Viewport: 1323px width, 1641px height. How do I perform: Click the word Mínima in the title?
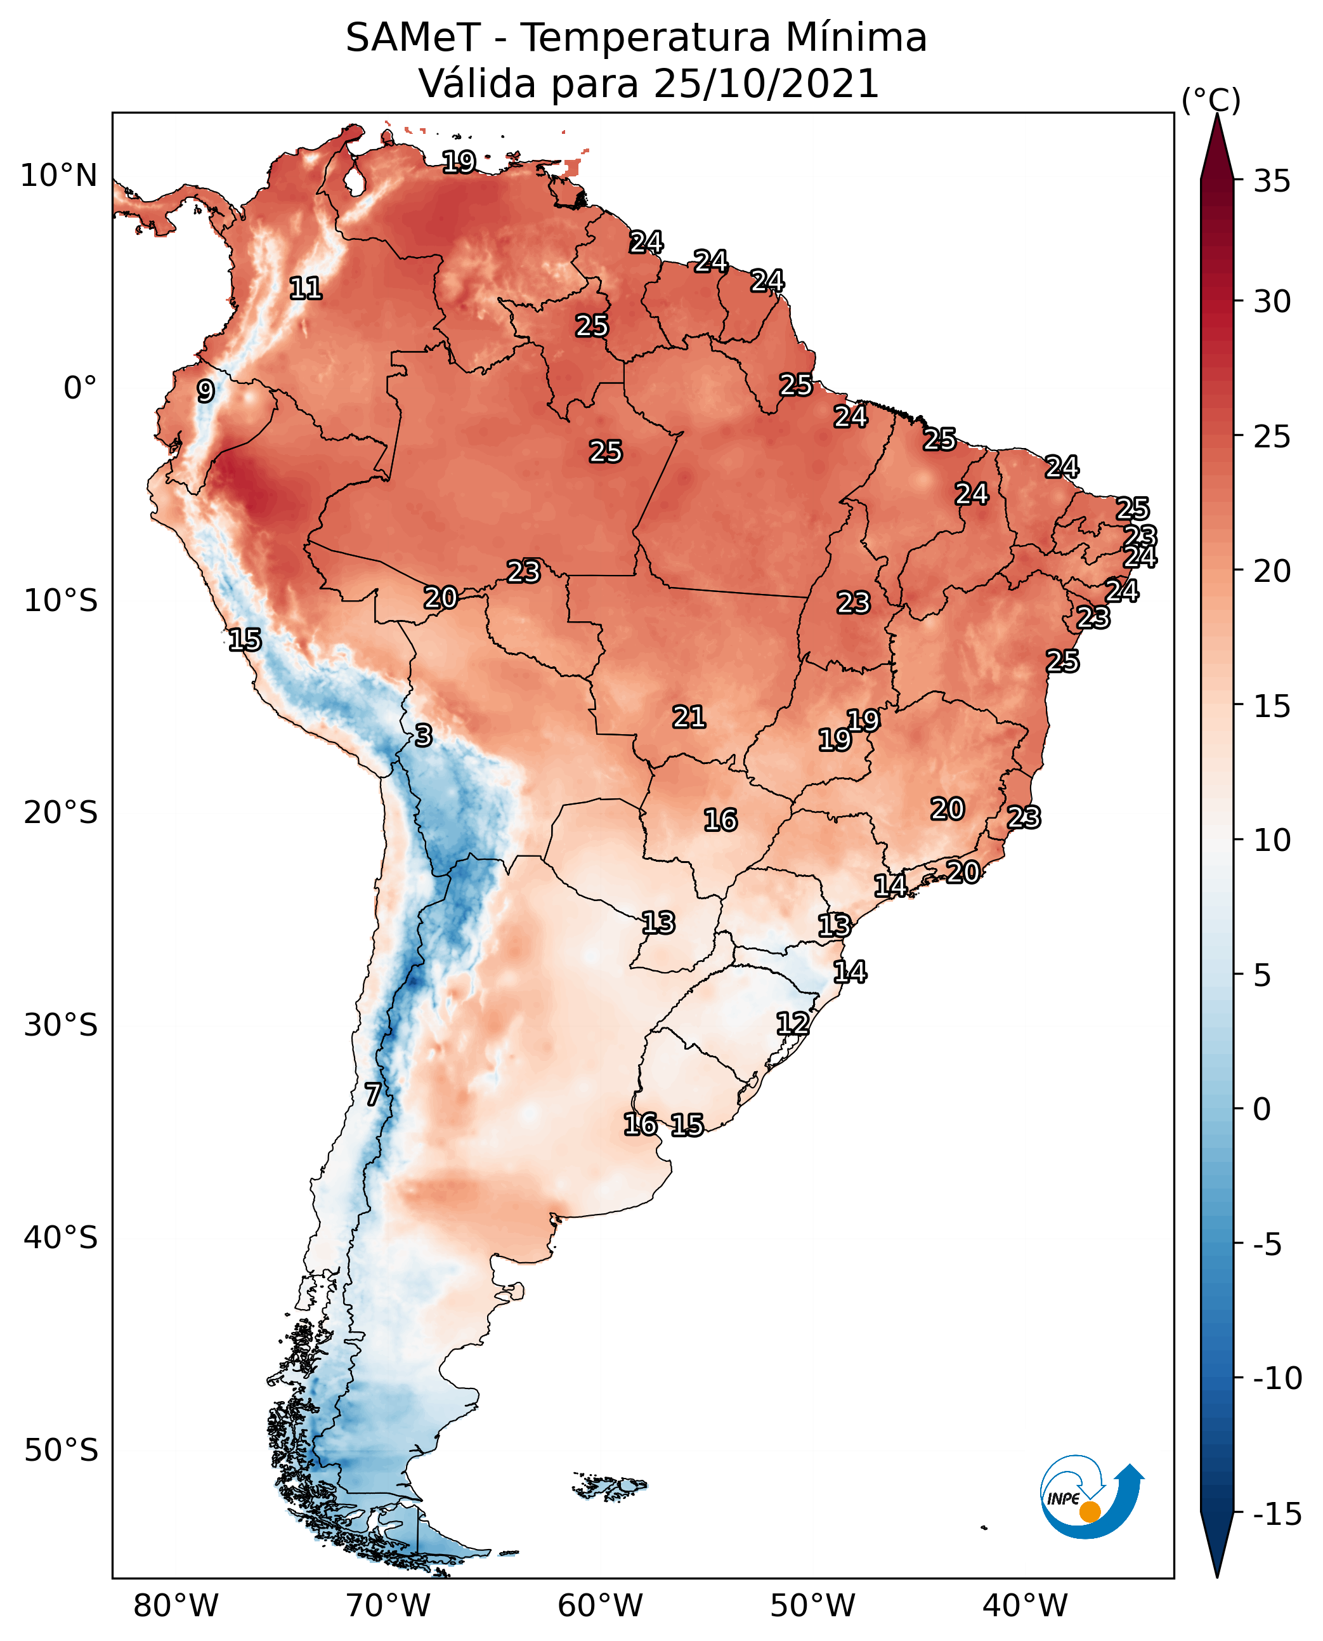(855, 38)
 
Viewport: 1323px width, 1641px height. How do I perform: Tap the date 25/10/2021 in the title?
(766, 84)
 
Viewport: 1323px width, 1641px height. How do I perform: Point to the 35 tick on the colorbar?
(1272, 181)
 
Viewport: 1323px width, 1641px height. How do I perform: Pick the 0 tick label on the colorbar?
(1262, 1109)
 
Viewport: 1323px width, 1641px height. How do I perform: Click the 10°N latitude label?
(59, 176)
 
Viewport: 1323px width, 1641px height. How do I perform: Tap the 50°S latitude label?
(61, 1449)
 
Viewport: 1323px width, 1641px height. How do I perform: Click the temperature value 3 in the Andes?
(424, 735)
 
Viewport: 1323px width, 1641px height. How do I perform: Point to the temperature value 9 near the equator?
(205, 391)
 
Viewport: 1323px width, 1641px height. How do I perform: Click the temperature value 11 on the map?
(306, 288)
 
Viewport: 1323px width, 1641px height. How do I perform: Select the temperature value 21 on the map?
(689, 717)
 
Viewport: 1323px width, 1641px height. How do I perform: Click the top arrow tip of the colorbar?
(1217, 116)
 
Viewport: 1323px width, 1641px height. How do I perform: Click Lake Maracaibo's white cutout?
(354, 181)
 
